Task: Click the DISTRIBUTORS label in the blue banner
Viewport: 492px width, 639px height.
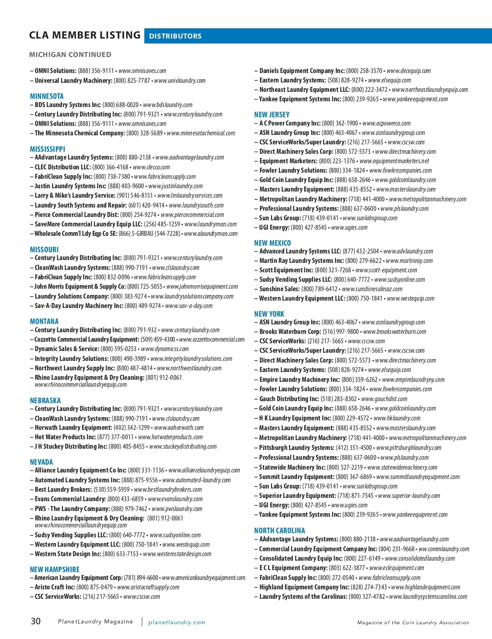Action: point(175,36)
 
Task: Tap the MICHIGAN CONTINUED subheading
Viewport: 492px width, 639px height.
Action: point(70,55)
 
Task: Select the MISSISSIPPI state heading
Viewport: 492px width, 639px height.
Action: point(48,149)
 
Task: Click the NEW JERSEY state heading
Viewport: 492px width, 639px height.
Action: point(272,114)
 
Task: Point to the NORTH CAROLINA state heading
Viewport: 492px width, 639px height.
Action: point(280,530)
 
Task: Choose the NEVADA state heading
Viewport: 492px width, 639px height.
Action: point(41,462)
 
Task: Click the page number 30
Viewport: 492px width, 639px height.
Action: point(36,621)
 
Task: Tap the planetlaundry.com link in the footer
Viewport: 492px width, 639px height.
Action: point(177,622)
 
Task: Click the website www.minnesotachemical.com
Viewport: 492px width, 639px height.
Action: point(201,133)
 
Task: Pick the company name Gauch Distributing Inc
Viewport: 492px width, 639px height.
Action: point(289,399)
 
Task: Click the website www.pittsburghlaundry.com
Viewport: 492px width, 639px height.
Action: point(409,447)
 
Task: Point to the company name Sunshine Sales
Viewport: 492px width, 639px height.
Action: point(280,289)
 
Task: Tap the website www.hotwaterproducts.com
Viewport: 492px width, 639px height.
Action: point(171,437)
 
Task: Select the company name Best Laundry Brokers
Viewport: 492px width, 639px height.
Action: point(63,489)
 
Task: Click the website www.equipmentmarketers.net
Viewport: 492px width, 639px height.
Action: point(394,161)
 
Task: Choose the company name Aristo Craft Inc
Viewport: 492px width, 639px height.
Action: point(55,587)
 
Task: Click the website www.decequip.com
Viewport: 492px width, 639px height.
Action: point(409,71)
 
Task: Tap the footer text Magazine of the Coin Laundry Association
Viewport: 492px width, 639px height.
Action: point(413,623)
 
